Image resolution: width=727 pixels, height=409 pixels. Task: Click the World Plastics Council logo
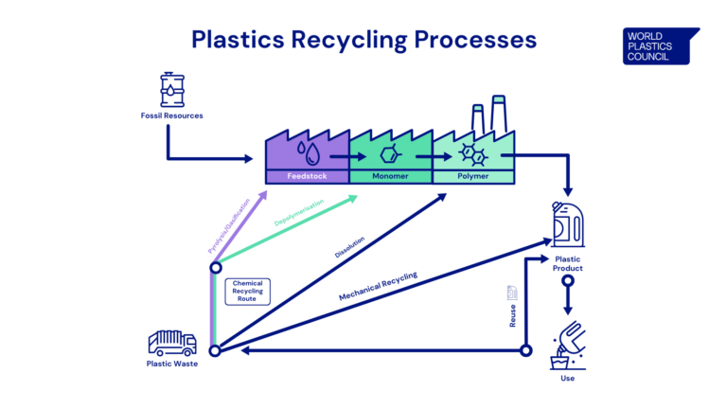coord(661,45)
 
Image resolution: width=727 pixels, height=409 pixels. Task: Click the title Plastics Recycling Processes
coord(363,40)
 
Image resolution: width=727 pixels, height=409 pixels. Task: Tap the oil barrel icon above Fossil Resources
coord(171,89)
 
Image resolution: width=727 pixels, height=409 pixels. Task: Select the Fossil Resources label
coord(171,116)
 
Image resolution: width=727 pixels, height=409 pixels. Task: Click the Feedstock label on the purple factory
coord(306,176)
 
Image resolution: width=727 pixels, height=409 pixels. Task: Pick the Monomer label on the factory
coord(390,176)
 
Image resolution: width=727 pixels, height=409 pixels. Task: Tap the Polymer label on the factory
coord(473,176)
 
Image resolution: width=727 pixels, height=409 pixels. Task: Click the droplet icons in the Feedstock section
coord(306,151)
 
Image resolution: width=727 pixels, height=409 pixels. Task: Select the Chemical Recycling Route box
coord(247,291)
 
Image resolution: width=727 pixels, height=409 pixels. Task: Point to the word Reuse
coord(513,316)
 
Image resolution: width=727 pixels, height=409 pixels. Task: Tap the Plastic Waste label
coord(171,364)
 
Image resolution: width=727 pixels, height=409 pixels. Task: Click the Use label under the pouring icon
coord(567,378)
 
